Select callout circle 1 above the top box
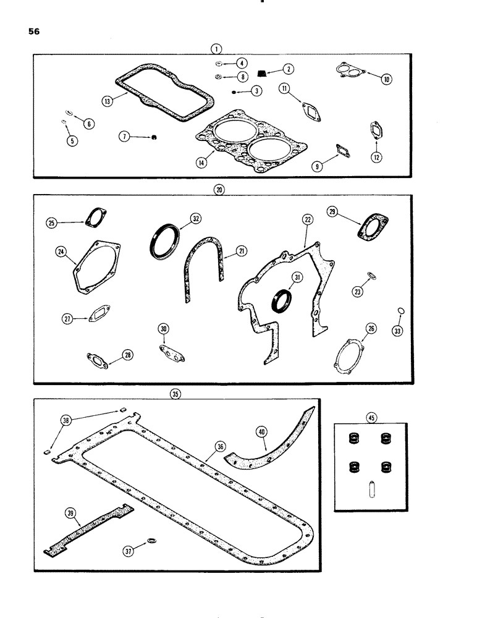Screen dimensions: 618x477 (217, 47)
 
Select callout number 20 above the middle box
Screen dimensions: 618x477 (217, 191)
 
